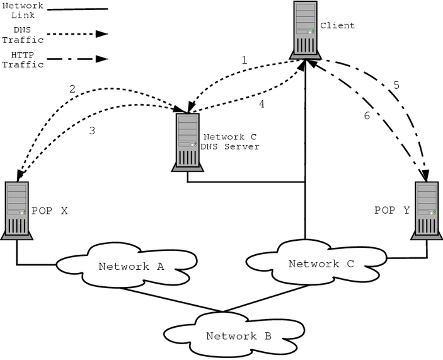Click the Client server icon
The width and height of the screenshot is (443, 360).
305,30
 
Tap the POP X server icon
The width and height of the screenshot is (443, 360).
16,210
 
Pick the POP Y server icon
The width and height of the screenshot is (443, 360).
426,210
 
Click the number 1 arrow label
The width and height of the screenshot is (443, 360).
244,61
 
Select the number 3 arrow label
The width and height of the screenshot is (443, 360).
93,131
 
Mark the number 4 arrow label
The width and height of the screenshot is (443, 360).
261,105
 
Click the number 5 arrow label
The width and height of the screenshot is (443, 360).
396,84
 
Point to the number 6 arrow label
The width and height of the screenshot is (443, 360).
367,115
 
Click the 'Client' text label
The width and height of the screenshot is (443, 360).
337,26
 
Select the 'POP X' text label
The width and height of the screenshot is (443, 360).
49,211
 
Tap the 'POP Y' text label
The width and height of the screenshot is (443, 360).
392,211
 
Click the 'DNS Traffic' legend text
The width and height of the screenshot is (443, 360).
27,34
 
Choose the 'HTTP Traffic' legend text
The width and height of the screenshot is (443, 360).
27,59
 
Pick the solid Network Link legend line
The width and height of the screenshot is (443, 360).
77,9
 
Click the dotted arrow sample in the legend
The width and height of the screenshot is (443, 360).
77,34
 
